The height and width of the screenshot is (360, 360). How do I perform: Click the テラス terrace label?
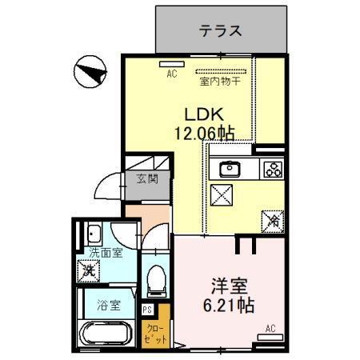(220, 32)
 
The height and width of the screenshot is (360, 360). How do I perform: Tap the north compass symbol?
(90, 74)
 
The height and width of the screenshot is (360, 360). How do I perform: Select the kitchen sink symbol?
(230, 169)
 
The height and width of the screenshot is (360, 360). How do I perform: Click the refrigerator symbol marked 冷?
(273, 217)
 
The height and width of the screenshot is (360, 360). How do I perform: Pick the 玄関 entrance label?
(146, 178)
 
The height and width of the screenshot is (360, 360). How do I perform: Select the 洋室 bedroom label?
(227, 285)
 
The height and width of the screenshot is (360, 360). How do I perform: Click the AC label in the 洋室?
(270, 329)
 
